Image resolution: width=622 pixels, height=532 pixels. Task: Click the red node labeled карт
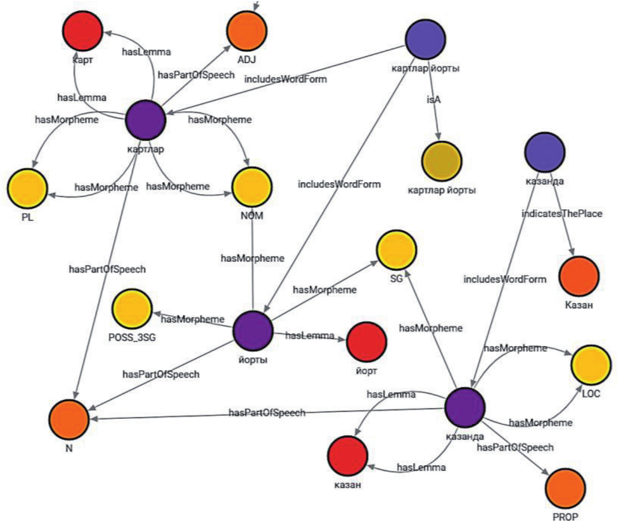(x=83, y=30)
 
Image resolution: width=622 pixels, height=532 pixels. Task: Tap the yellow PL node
(x=27, y=189)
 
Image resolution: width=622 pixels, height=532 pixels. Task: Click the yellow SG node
(x=397, y=250)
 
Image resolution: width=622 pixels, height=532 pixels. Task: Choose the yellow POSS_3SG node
(x=132, y=309)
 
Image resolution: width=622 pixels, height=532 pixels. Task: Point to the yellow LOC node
(x=591, y=365)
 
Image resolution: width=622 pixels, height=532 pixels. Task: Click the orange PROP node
(x=565, y=488)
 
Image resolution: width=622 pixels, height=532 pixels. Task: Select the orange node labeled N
(x=69, y=419)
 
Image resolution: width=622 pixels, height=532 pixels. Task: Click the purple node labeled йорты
(x=253, y=331)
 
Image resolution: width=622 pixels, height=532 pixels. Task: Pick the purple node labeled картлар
(x=145, y=120)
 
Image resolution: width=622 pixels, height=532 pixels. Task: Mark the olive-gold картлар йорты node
(x=441, y=161)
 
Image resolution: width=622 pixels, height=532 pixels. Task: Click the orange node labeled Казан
(x=579, y=276)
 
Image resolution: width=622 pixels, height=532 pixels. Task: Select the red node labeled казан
(x=348, y=456)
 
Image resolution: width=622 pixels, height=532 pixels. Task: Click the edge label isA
(x=433, y=100)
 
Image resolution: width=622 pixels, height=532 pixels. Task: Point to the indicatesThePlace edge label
(x=562, y=214)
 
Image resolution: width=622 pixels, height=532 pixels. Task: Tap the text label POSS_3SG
(x=132, y=337)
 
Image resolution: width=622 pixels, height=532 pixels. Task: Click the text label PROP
(x=565, y=517)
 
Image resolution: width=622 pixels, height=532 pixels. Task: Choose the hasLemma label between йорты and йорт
(x=309, y=335)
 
